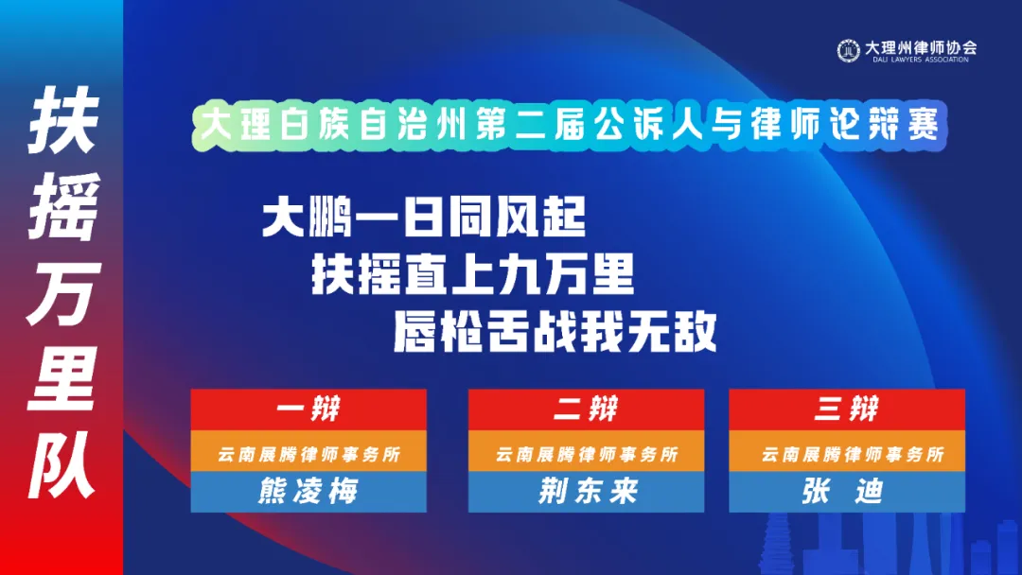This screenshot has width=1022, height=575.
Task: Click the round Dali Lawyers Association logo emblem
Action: point(848,50)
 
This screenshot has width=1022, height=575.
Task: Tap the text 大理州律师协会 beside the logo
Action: point(921,47)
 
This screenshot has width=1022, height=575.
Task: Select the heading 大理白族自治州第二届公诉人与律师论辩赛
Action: point(569,124)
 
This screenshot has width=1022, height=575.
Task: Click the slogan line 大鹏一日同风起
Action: point(424,217)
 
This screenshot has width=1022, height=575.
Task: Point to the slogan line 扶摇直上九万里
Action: point(472,274)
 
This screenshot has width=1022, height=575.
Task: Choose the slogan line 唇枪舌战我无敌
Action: point(555,331)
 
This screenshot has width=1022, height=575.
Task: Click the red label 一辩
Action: point(308,409)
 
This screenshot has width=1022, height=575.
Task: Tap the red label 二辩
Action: point(586,409)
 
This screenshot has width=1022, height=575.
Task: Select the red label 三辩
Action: point(847,409)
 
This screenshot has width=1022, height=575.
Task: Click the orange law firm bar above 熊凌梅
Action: point(308,451)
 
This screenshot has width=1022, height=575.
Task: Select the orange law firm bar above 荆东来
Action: point(586,451)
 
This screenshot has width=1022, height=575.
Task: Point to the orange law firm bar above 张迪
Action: point(847,451)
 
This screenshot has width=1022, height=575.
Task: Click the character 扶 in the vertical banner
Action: point(63,120)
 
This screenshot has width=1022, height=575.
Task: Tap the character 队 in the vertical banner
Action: point(62,464)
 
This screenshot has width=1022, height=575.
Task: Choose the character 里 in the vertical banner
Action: point(62,378)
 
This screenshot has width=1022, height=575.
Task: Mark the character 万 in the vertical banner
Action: point(63,294)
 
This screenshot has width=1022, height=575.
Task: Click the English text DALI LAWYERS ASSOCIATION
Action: point(921,60)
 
